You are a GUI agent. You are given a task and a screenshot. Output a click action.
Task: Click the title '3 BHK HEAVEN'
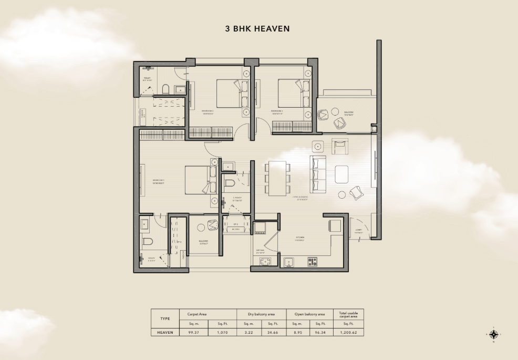click(x=257, y=29)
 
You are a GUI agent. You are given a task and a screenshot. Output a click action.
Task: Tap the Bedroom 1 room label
click(x=159, y=182)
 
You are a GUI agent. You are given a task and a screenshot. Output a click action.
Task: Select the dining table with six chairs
click(x=277, y=178)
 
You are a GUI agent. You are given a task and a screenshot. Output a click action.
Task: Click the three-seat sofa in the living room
click(x=317, y=175)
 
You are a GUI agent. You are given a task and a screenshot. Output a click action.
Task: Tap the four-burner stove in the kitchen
click(x=313, y=261)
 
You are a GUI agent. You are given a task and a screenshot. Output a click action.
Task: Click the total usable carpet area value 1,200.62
click(x=348, y=332)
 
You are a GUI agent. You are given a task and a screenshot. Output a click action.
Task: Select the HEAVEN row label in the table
click(x=165, y=332)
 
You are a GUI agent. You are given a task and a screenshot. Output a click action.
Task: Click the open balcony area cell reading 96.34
click(x=321, y=332)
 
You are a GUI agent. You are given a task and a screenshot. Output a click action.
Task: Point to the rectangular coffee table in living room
click(x=342, y=173)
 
